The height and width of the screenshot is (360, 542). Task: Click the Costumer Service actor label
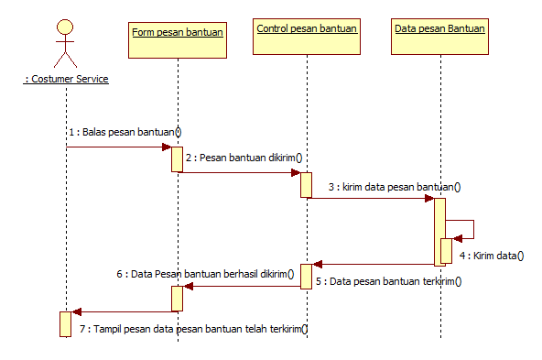click(x=66, y=80)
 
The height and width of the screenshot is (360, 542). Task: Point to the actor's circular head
click(x=65, y=25)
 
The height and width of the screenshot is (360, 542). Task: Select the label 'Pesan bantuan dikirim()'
click(x=243, y=158)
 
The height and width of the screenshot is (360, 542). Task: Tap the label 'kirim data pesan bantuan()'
click(x=394, y=187)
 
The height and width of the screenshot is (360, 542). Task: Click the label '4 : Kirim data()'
click(x=491, y=256)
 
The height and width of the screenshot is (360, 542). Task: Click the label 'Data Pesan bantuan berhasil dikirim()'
click(x=205, y=272)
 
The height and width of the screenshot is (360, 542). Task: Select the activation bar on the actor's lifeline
click(x=65, y=323)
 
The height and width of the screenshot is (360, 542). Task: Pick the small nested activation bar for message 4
click(x=446, y=249)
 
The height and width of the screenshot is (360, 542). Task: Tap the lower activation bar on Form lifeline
click(x=178, y=298)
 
